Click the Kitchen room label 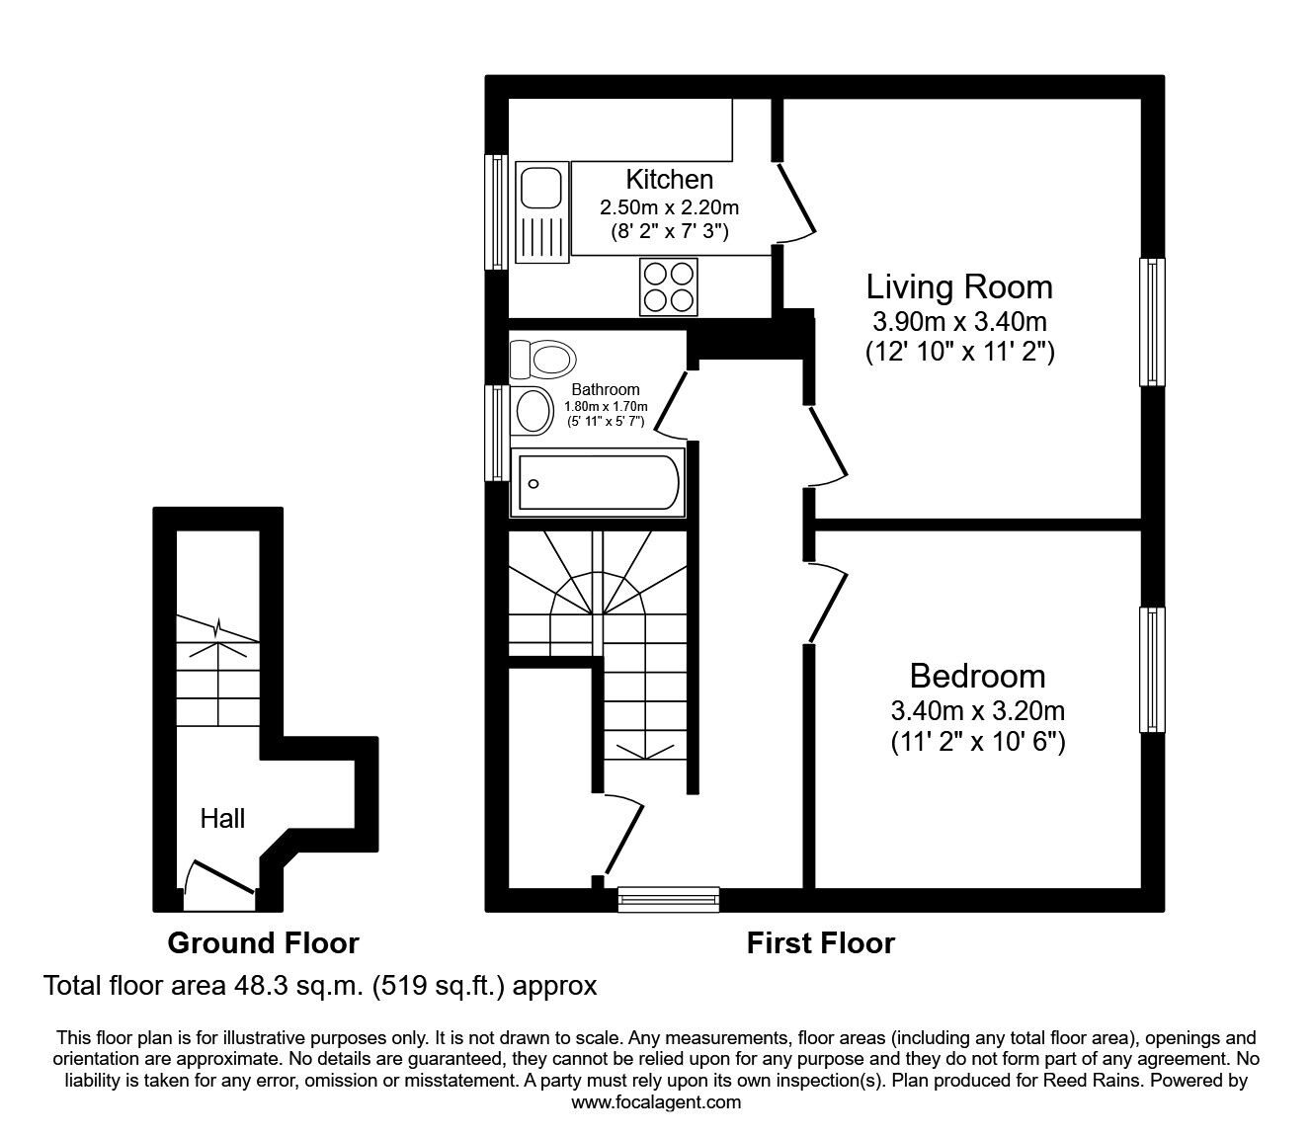[x=669, y=179]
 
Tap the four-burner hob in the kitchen [x=668, y=285]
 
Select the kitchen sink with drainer [x=540, y=214]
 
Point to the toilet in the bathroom [x=540, y=358]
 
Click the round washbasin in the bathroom [x=534, y=410]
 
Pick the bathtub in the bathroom [x=598, y=483]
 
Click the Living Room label [x=958, y=286]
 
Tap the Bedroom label [x=977, y=676]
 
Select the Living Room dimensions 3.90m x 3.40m [x=958, y=321]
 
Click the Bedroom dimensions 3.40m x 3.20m [x=977, y=710]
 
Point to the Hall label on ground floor [x=222, y=818]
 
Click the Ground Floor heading [x=263, y=943]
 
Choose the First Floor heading [x=820, y=943]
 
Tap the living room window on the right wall [x=1151, y=321]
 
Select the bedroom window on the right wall [x=1151, y=670]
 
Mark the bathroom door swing [x=674, y=403]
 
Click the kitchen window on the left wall [x=495, y=210]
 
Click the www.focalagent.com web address [x=656, y=1102]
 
